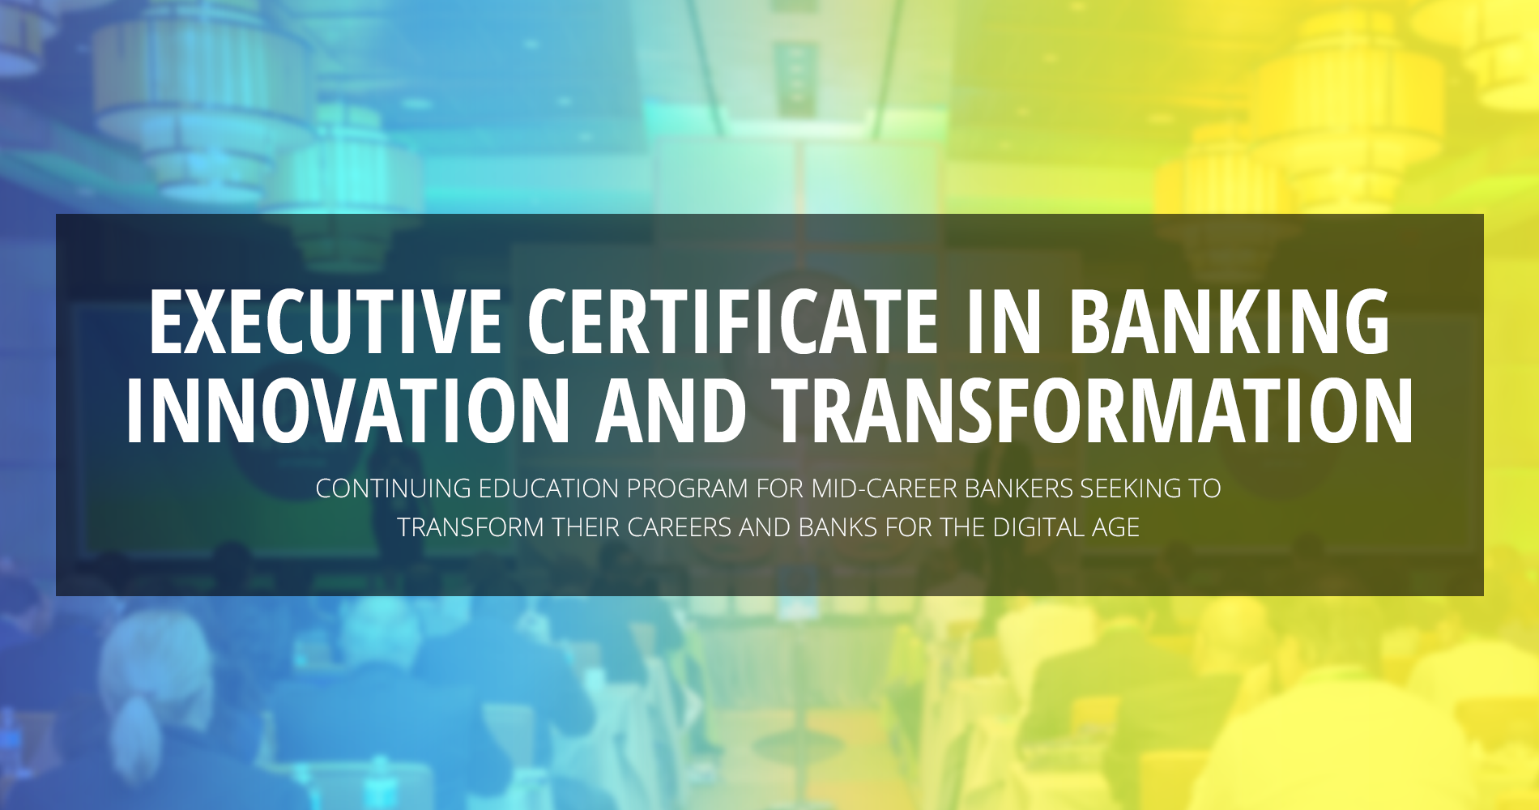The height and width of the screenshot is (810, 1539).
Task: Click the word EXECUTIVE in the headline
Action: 325,322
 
